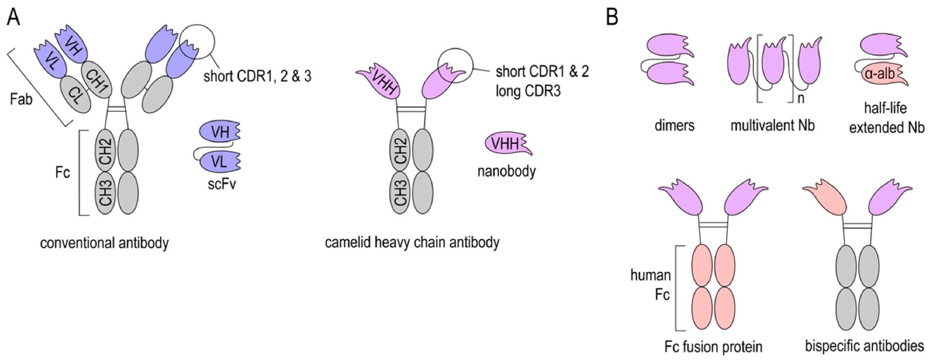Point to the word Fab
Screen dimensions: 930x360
click(21, 99)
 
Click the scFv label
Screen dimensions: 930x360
click(221, 184)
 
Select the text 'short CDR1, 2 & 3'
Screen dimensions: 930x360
click(257, 76)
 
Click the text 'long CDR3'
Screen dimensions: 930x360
click(528, 91)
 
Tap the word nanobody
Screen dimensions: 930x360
click(507, 171)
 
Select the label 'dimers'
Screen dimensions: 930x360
click(674, 125)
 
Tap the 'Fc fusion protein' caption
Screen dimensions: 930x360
click(713, 346)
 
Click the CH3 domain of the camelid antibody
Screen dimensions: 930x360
click(401, 193)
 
